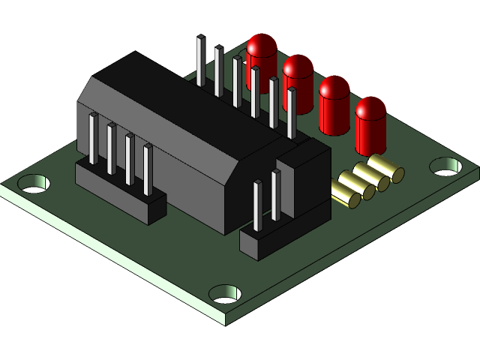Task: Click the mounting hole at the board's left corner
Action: click(x=33, y=182)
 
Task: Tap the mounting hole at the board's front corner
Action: click(x=224, y=292)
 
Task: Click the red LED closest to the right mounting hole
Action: click(x=370, y=124)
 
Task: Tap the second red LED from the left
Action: click(x=298, y=81)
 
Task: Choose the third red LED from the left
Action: click(x=334, y=103)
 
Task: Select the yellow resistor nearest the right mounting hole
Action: click(x=385, y=169)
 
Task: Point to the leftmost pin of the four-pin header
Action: click(x=94, y=139)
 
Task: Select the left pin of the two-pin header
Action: click(x=258, y=204)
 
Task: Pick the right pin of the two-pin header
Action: click(x=276, y=195)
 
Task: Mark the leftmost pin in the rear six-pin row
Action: click(x=200, y=60)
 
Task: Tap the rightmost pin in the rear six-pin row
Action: click(x=291, y=112)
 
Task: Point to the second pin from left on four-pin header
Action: click(x=112, y=148)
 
